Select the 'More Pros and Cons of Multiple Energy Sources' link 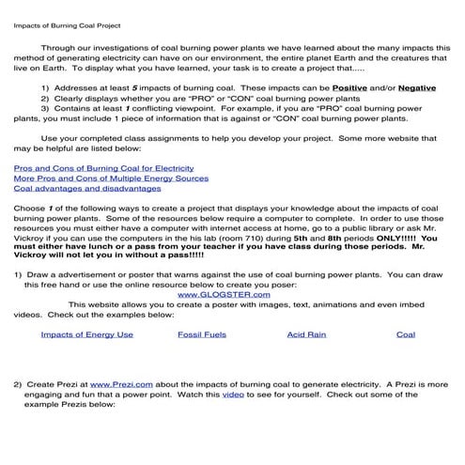(111, 178)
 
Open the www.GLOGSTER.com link (218, 292)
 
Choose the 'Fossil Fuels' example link (202, 333)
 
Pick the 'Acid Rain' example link (306, 333)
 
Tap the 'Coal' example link (405, 333)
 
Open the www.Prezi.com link (116, 385)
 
